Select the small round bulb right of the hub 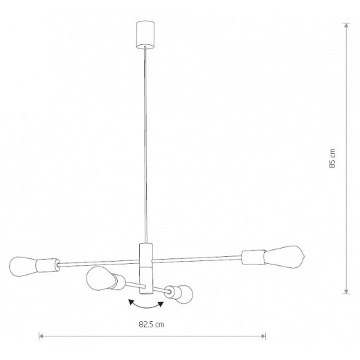pos(182,294)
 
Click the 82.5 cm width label pos(150,324)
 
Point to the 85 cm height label pos(333,159)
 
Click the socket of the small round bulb pos(167,291)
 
